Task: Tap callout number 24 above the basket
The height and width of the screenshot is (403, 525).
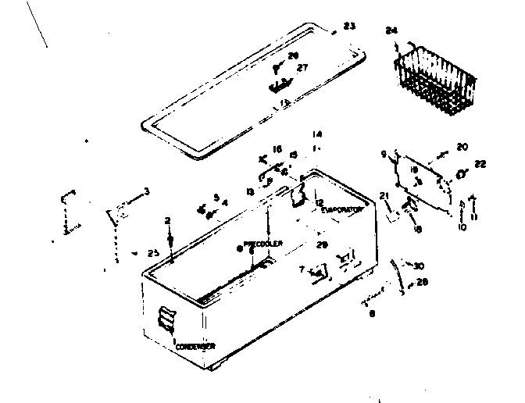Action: coord(391,30)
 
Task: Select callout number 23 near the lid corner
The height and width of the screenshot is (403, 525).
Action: coord(348,26)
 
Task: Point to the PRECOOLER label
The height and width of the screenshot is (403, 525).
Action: coord(262,243)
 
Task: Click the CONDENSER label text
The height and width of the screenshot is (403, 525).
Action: coord(195,345)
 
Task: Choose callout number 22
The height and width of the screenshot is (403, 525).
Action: coord(480,163)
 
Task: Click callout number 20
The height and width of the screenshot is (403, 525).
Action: coord(462,147)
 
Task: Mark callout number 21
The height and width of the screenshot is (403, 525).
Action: coord(384,195)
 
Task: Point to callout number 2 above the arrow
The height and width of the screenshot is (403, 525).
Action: coord(167,221)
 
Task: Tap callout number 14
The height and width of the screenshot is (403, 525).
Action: coord(317,134)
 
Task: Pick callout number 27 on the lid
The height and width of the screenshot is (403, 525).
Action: coord(302,68)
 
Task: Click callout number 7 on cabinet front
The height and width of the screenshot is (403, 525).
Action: coord(302,269)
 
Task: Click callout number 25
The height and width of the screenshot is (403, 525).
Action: coord(153,252)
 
